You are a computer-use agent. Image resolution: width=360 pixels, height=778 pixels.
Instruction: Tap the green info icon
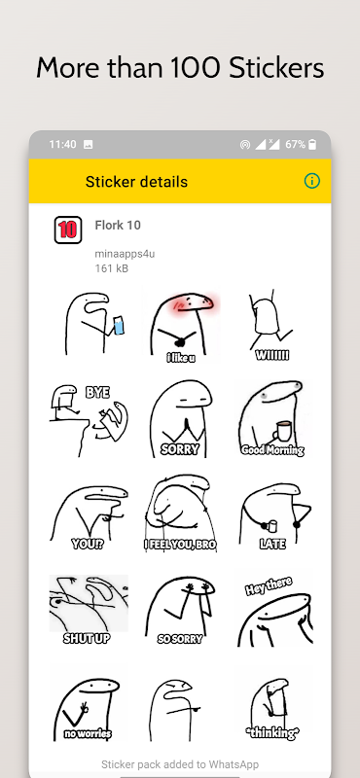click(x=311, y=181)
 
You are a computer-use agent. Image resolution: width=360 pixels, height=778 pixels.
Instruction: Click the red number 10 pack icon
click(x=67, y=230)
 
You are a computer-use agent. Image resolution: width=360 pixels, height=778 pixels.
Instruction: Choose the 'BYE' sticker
click(x=89, y=419)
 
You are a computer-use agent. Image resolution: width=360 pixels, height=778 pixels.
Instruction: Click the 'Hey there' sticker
click(x=272, y=611)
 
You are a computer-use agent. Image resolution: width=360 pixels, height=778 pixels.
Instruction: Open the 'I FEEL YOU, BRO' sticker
click(x=180, y=513)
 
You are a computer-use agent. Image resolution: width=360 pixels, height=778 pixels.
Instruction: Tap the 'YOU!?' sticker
click(x=89, y=517)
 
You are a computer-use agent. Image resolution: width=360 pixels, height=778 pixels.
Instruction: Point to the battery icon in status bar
click(x=312, y=144)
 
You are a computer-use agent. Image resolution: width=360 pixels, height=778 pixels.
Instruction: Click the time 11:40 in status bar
click(x=62, y=144)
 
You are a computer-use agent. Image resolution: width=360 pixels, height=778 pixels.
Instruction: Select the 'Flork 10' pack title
click(x=118, y=226)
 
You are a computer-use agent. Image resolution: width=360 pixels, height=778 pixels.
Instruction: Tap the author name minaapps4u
click(x=125, y=255)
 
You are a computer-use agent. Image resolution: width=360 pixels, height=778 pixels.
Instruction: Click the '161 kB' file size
click(x=112, y=268)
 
